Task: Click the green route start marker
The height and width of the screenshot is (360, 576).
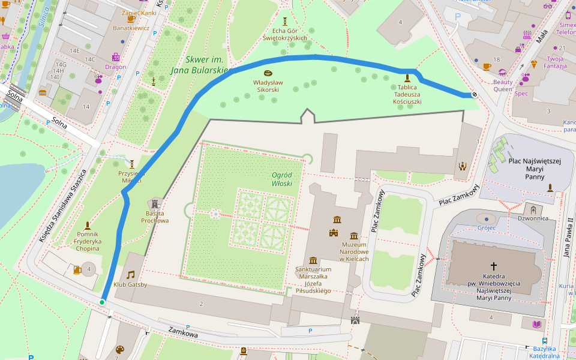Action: [102, 302]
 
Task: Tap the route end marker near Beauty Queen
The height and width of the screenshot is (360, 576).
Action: [474, 94]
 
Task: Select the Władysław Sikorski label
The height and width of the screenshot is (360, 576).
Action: [267, 85]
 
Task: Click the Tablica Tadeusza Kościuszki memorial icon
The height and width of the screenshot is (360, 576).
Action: [407, 78]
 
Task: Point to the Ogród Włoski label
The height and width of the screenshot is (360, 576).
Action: [281, 179]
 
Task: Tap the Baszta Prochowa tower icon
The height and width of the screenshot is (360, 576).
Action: [155, 204]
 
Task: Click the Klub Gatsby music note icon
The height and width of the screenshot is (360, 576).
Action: [130, 274]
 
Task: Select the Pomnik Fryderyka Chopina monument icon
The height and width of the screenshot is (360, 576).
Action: [88, 226]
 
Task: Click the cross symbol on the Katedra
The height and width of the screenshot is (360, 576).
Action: [494, 265]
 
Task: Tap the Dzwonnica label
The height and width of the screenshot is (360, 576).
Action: [533, 218]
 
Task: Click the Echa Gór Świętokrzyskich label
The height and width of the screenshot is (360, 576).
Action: [285, 34]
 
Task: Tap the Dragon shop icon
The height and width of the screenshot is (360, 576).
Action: [116, 57]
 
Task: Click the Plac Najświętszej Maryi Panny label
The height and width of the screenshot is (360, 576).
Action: [534, 169]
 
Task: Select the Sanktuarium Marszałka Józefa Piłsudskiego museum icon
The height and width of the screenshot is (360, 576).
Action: [313, 260]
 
